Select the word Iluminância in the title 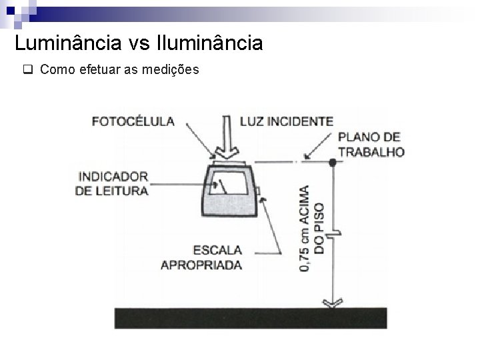(x=209, y=44)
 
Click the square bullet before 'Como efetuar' (x=28, y=69)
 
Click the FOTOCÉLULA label (x=133, y=121)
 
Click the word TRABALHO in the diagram (x=371, y=151)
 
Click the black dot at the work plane (x=331, y=162)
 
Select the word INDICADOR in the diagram (x=113, y=177)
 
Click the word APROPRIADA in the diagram (x=201, y=264)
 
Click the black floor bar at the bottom (x=250, y=318)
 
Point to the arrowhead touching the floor (x=331, y=304)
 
